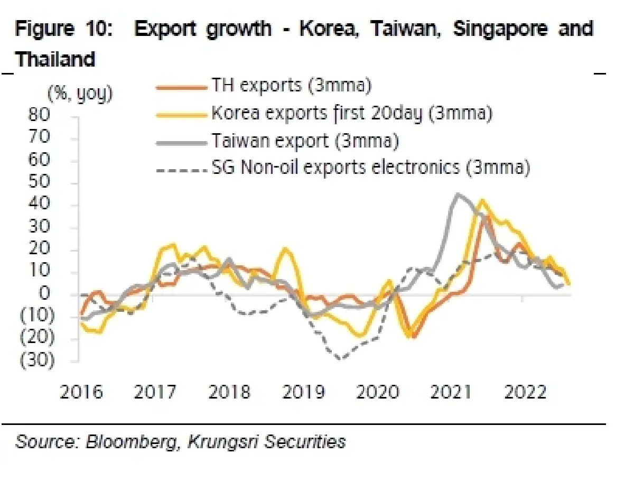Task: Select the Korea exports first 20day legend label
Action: [352, 113]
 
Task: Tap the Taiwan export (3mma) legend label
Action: [304, 141]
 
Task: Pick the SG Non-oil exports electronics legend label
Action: [370, 168]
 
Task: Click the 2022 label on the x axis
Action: [522, 393]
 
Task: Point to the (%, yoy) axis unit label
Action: [80, 94]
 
